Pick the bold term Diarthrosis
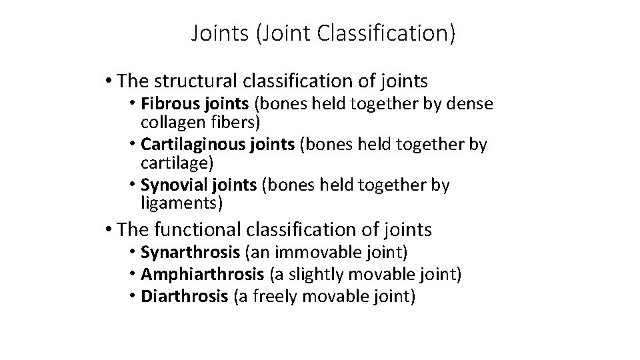pyautogui.click(x=184, y=297)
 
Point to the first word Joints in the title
pyautogui.click(x=219, y=33)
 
